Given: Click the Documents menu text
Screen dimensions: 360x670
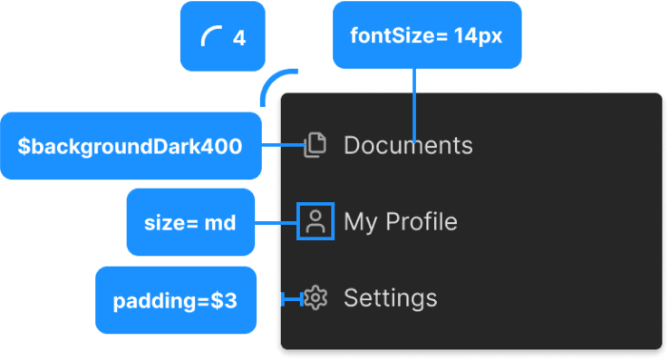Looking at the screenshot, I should pyautogui.click(x=408, y=145).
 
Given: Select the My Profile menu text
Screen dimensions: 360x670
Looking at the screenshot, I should pyautogui.click(x=400, y=222).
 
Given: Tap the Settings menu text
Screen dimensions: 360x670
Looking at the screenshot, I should pyautogui.click(x=390, y=298).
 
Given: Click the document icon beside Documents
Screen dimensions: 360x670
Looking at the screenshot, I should pyautogui.click(x=314, y=145).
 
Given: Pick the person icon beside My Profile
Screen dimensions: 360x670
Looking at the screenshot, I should pyautogui.click(x=316, y=222).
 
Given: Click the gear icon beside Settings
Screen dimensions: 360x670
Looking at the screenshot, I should pyautogui.click(x=315, y=298).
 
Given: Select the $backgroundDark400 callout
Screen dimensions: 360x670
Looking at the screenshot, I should pyautogui.click(x=131, y=146).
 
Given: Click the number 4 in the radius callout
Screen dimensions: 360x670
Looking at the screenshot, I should pyautogui.click(x=239, y=38).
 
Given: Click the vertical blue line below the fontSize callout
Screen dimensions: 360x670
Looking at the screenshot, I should pyautogui.click(x=414, y=104).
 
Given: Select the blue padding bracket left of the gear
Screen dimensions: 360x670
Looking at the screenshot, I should pyautogui.click(x=292, y=299).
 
